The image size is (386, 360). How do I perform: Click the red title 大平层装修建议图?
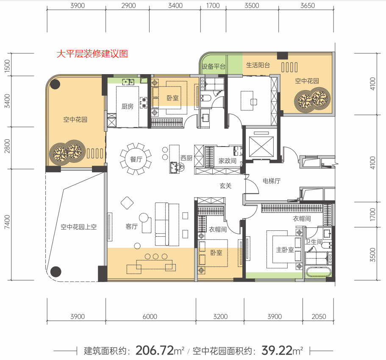coord(92,54)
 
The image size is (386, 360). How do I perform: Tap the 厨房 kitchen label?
coord(127,106)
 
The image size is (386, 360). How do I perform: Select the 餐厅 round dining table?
coord(136,159)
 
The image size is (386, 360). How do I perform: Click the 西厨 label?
coord(186,158)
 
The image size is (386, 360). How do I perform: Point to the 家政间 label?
coord(228,161)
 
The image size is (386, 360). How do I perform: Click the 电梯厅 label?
coord(272,181)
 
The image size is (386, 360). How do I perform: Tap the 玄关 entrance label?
coord(225,186)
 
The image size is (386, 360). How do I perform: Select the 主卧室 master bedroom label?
coord(285,250)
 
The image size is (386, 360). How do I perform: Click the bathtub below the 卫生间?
coord(319,272)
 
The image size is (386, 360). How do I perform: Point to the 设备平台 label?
coord(214,66)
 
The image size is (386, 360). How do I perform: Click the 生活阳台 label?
coord(258,65)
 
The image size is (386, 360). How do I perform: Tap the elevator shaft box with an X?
coord(261,147)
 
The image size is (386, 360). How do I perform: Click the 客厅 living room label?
coord(131,227)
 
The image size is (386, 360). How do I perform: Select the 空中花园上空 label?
coord(78,227)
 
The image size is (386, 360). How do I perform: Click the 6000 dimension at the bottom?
coord(150,316)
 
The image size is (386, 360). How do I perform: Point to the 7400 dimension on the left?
coord(7,222)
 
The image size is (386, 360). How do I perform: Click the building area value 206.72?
coord(155,350)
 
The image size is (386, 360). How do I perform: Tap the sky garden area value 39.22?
coord(277,350)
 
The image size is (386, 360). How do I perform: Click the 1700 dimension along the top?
coord(213,6)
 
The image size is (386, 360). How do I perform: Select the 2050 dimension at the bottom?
coord(319,316)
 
